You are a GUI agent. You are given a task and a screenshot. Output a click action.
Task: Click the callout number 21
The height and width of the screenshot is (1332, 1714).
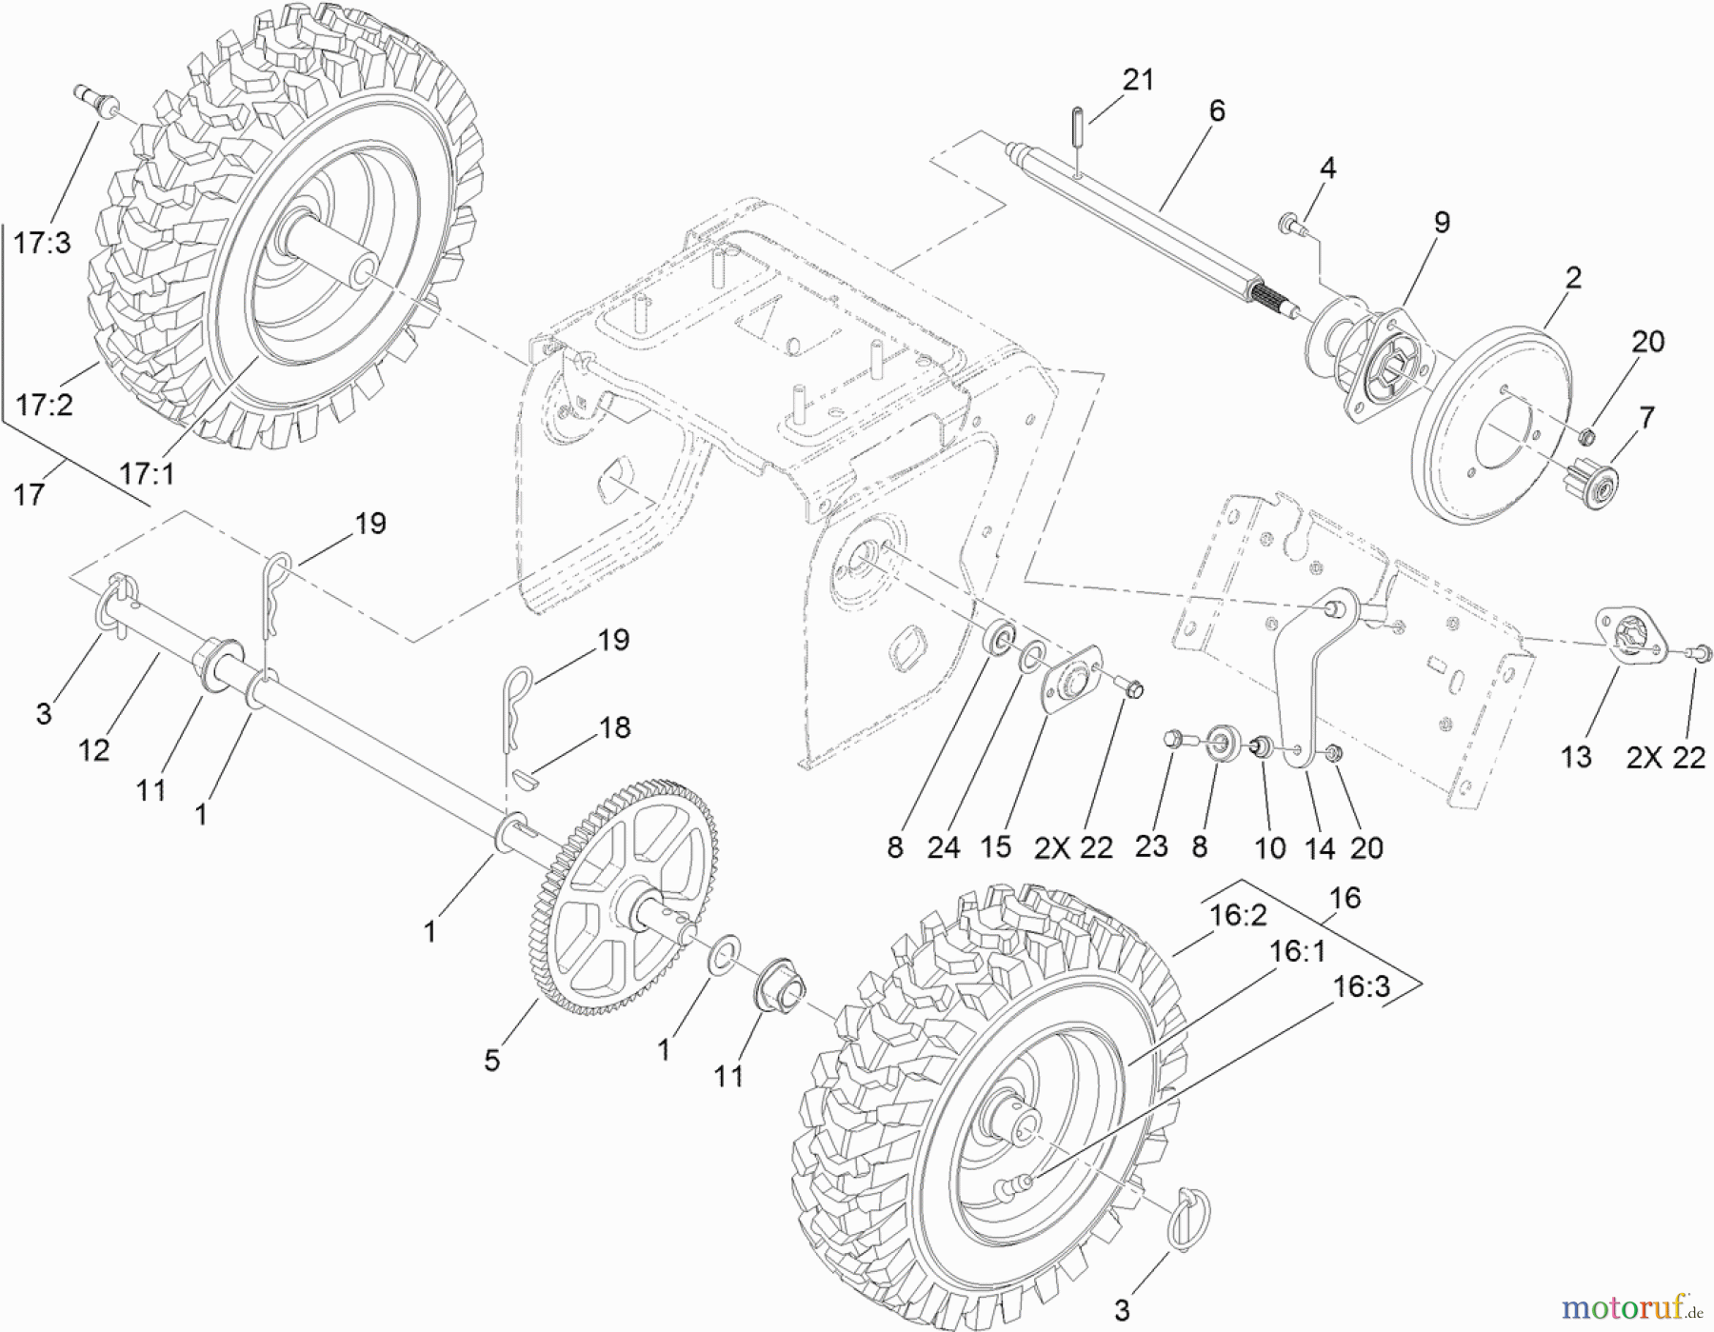[1138, 80]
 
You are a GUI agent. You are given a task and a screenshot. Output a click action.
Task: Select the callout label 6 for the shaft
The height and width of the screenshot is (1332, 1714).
[1216, 111]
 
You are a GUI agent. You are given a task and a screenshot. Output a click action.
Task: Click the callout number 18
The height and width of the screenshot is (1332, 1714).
[614, 728]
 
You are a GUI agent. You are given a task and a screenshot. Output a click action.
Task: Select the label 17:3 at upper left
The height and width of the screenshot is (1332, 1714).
[42, 244]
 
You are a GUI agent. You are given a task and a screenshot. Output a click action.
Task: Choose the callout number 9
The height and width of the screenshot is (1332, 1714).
[1442, 223]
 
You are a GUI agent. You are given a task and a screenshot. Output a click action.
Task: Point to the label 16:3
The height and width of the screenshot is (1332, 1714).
[1362, 987]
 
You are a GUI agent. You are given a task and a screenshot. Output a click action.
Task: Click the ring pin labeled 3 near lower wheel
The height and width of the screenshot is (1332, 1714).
[1191, 1219]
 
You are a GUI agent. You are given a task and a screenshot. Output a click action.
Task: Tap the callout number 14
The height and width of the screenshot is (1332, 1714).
[1319, 847]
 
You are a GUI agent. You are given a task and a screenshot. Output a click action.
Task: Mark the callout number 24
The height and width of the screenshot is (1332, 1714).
[943, 847]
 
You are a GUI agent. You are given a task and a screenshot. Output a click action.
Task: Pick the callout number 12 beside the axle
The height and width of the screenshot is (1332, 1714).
[93, 751]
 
